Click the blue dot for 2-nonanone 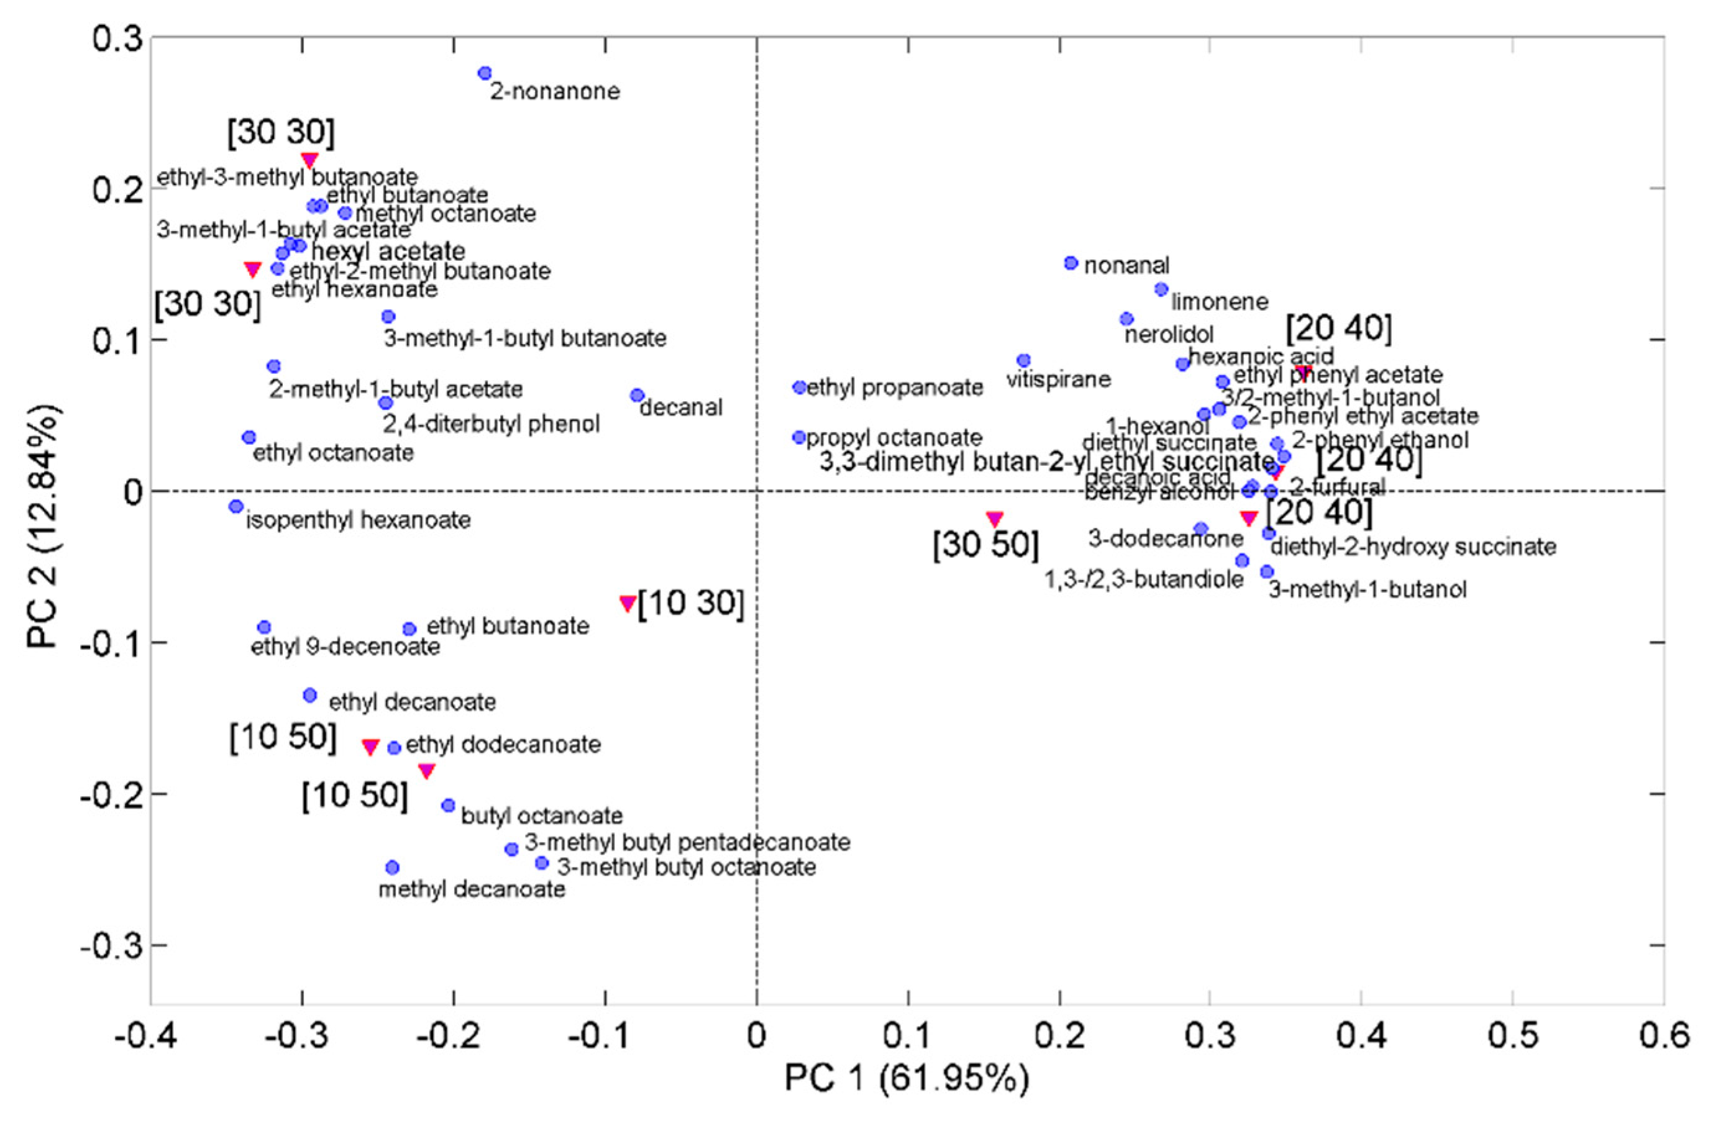point(485,73)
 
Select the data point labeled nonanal point(1071,263)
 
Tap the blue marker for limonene point(1161,289)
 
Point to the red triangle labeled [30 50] point(995,518)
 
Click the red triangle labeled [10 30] point(627,602)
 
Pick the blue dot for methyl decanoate point(392,868)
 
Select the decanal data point point(637,396)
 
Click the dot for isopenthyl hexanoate point(236,507)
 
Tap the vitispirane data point point(1023,360)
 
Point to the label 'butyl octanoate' point(542,816)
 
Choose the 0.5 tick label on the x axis point(1513,1036)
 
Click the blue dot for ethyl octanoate point(249,437)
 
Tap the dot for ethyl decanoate point(310,695)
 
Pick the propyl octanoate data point point(799,437)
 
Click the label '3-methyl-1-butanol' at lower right point(1367,591)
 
